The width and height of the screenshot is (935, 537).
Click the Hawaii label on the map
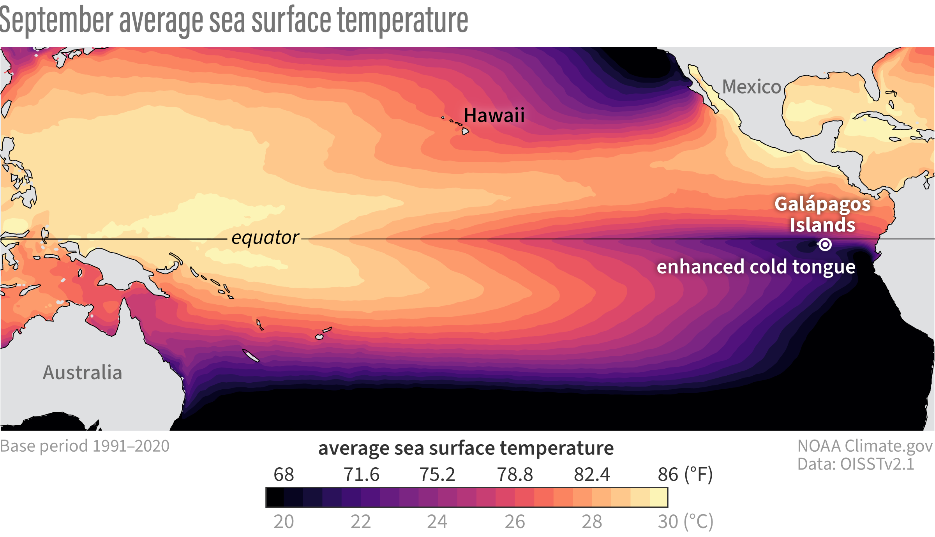pyautogui.click(x=494, y=115)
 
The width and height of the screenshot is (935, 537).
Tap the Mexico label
pyautogui.click(x=752, y=87)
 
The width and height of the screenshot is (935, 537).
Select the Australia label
pyautogui.click(x=82, y=372)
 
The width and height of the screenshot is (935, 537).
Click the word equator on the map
pyautogui.click(x=265, y=238)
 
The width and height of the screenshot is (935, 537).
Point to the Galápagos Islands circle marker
pyautogui.click(x=825, y=245)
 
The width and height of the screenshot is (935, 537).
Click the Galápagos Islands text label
pyautogui.click(x=822, y=214)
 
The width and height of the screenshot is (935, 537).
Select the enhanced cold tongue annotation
pyautogui.click(x=756, y=267)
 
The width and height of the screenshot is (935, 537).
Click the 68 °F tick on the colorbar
pyautogui.click(x=284, y=475)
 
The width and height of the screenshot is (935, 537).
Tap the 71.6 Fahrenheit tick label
pyautogui.click(x=361, y=475)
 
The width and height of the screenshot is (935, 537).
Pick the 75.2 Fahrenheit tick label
pyautogui.click(x=437, y=475)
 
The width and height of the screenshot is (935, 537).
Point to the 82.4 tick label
pyautogui.click(x=592, y=475)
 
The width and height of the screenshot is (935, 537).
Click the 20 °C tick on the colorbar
pyautogui.click(x=284, y=521)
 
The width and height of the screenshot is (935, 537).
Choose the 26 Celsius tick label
pyautogui.click(x=515, y=521)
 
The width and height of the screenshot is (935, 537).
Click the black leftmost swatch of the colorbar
pyautogui.click(x=275, y=497)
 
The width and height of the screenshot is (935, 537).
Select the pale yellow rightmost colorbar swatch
pyautogui.click(x=659, y=497)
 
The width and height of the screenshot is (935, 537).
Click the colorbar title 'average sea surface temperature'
pyautogui.click(x=466, y=448)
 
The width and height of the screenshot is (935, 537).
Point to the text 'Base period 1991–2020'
pyautogui.click(x=85, y=446)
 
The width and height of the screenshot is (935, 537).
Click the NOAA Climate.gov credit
pyautogui.click(x=865, y=446)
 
